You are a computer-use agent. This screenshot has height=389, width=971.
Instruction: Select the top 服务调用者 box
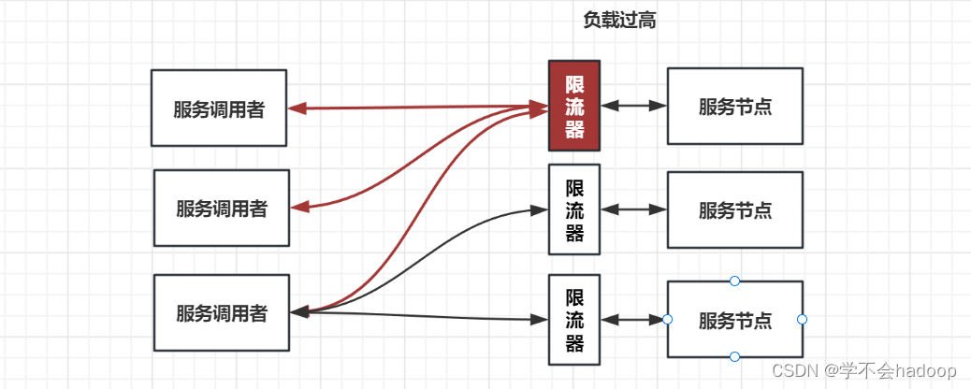point(219,108)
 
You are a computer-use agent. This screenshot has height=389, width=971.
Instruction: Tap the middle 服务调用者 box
point(222,209)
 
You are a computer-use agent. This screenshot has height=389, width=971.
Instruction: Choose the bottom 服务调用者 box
point(222,313)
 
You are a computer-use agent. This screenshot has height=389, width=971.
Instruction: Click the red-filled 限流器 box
point(573,107)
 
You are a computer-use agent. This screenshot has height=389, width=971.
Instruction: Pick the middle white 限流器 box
point(573,209)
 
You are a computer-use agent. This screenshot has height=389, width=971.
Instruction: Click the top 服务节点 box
point(734,106)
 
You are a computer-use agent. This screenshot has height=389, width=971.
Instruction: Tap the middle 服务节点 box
point(734,209)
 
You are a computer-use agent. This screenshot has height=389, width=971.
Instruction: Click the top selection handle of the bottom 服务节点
point(734,281)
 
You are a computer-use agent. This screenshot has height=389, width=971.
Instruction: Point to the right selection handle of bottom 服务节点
point(802,320)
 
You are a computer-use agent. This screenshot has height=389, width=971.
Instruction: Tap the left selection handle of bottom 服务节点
point(667,320)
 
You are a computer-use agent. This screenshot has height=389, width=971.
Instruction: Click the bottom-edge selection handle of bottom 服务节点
point(734,356)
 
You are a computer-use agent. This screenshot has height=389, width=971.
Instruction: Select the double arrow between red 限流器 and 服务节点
point(633,106)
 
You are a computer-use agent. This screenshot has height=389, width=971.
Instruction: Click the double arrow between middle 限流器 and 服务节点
point(633,209)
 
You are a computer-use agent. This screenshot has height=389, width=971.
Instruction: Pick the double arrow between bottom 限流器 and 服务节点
point(633,320)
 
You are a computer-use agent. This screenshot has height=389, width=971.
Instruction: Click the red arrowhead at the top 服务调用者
point(297,108)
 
